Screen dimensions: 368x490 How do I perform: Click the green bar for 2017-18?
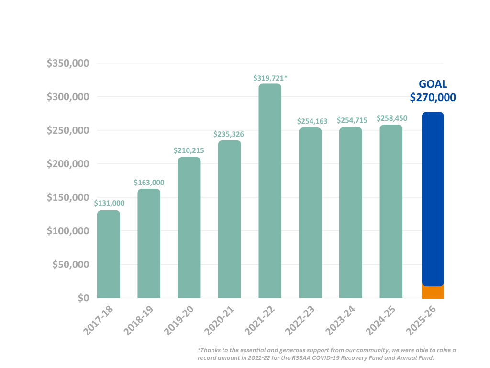pos(109,254)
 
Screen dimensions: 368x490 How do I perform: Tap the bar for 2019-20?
pos(189,228)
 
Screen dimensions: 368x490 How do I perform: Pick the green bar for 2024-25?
pos(391,211)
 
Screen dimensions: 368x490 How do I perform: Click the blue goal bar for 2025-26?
pos(433,199)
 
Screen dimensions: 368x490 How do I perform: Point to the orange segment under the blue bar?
pos(433,292)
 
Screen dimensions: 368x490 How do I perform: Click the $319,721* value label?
pos(270,77)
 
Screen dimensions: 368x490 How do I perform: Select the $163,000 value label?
pos(149,183)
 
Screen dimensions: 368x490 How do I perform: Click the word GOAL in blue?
pos(433,84)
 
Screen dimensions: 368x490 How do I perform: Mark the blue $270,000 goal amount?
pos(433,98)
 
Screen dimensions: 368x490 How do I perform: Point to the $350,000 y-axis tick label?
pos(68,63)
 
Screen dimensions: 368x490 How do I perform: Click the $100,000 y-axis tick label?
pos(68,231)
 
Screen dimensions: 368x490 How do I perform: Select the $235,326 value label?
pos(230,134)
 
